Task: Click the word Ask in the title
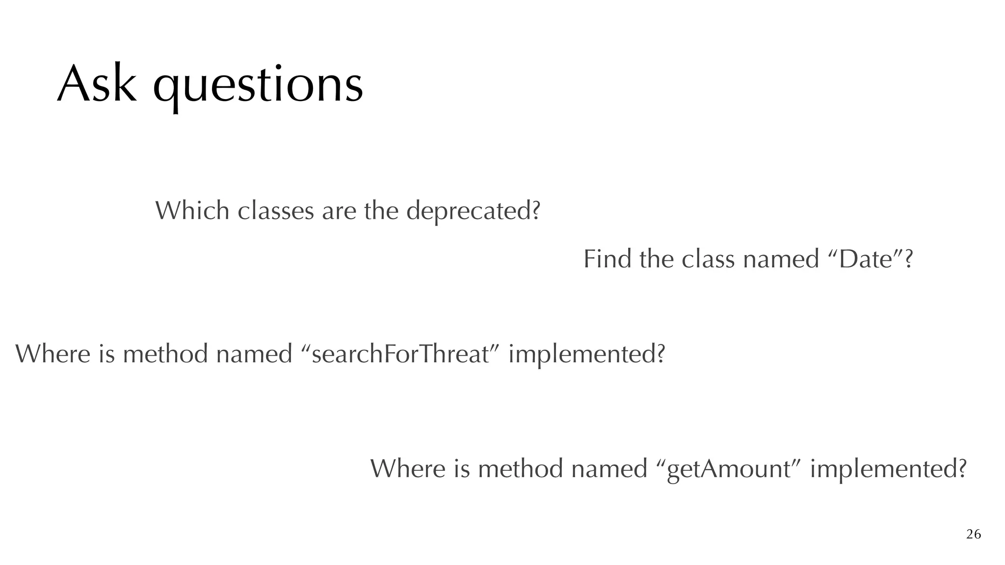pyautogui.click(x=96, y=84)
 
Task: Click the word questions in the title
pyautogui.click(x=258, y=86)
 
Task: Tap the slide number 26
pyautogui.click(x=973, y=534)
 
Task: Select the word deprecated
pyautogui.click(x=473, y=211)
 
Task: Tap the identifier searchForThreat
pyautogui.click(x=400, y=354)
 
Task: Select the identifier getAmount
pyautogui.click(x=730, y=469)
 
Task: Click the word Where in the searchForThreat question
pyautogui.click(x=53, y=354)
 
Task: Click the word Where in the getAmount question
pyautogui.click(x=407, y=468)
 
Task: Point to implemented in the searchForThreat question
pyautogui.click(x=586, y=355)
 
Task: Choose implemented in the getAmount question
pyautogui.click(x=888, y=469)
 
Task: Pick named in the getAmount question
pyautogui.click(x=609, y=468)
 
